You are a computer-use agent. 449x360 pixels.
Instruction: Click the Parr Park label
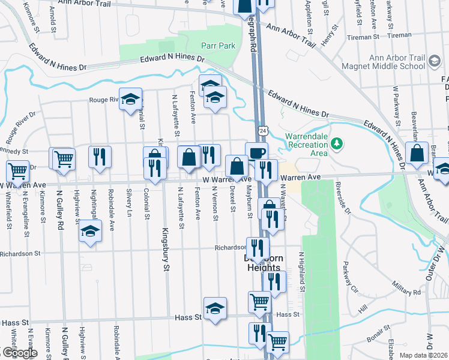click(218, 46)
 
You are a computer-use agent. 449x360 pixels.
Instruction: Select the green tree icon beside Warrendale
click(337, 143)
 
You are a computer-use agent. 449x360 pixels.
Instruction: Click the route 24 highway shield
click(263, 129)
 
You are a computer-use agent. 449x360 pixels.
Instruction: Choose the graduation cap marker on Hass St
click(215, 308)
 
